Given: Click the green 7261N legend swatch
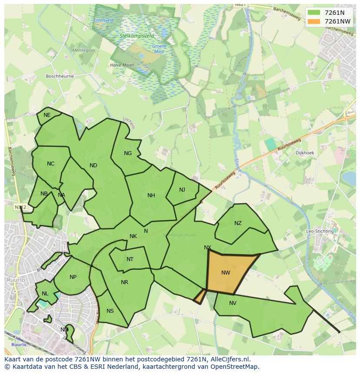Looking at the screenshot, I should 313,13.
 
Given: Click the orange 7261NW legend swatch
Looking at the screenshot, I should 313,21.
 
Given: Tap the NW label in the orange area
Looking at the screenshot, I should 226,273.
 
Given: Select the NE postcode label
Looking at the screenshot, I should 47,115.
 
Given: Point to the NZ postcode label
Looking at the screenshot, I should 238,223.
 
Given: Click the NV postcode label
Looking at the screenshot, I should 233,303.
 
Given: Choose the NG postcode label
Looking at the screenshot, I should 128,153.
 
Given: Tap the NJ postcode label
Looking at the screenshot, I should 182,190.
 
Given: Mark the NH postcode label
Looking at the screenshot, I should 151,195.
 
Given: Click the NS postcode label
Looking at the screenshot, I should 110,311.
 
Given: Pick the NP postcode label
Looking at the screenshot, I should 73,277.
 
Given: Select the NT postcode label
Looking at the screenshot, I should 130,259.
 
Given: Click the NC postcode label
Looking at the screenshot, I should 51,164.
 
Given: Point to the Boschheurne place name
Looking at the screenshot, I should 60,76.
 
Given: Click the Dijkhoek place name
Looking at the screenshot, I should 305,153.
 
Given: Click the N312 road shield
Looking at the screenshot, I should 20,208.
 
